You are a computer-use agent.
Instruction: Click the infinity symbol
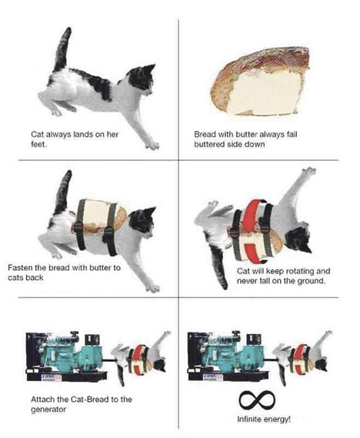click(257, 400)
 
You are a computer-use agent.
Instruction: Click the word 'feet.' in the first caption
click(38, 145)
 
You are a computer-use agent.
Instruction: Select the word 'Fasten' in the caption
click(19, 268)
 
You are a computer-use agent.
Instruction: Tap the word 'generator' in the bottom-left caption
click(48, 410)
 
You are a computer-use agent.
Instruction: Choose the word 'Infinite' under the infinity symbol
click(247, 420)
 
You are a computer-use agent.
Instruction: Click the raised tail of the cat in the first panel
click(62, 49)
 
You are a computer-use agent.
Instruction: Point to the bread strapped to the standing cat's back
click(101, 217)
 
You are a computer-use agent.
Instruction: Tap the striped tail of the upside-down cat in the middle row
click(220, 266)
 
